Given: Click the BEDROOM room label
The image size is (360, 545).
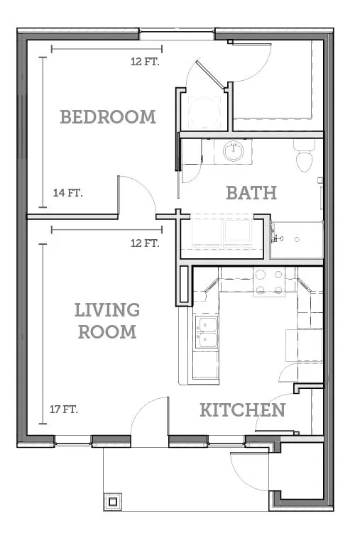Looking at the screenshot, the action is click(108, 117).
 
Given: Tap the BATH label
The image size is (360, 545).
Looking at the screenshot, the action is click(251, 193).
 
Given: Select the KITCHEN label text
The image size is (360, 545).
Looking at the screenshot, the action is click(242, 410).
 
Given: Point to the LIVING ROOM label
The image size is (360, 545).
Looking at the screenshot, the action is click(107, 321).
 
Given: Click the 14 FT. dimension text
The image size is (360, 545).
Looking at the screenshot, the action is click(68, 192).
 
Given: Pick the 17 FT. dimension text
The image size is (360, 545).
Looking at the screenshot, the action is click(64, 409).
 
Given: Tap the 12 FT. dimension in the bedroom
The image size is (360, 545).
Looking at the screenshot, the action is click(145, 62).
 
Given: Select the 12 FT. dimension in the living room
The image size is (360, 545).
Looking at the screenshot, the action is click(145, 243).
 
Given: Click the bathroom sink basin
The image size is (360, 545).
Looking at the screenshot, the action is click(233, 151).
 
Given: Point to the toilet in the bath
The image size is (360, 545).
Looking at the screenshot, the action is click(304, 155).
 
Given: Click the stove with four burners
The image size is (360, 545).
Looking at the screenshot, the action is click(269, 282).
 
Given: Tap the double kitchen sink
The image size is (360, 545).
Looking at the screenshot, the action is click(207, 331).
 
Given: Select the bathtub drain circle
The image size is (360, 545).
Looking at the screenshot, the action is click(297, 239).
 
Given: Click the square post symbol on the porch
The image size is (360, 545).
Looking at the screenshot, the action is click(113, 502).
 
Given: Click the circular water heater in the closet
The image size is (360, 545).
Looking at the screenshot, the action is click(204, 112).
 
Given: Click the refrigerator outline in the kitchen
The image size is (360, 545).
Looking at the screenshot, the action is click(305, 345).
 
